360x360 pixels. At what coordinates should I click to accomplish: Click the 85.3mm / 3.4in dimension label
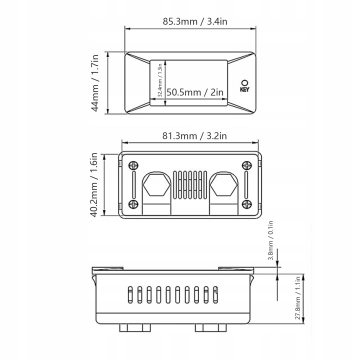pyautogui.click(x=195, y=21)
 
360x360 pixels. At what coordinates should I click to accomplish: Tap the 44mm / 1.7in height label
pyautogui.click(x=95, y=83)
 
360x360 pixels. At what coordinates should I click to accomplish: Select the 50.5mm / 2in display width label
pyautogui.click(x=195, y=92)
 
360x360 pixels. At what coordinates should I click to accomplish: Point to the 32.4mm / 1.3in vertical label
pyautogui.click(x=160, y=80)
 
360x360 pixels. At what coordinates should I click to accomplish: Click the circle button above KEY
pyautogui.click(x=244, y=83)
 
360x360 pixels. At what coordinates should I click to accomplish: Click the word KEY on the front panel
pyautogui.click(x=244, y=89)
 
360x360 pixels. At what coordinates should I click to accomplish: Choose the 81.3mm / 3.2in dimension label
pyautogui.click(x=194, y=136)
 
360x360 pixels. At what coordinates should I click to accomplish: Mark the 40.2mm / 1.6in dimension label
pyautogui.click(x=94, y=185)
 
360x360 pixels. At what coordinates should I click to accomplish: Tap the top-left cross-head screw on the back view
pyautogui.click(x=133, y=165)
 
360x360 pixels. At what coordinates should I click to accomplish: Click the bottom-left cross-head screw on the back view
pyautogui.click(x=133, y=204)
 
